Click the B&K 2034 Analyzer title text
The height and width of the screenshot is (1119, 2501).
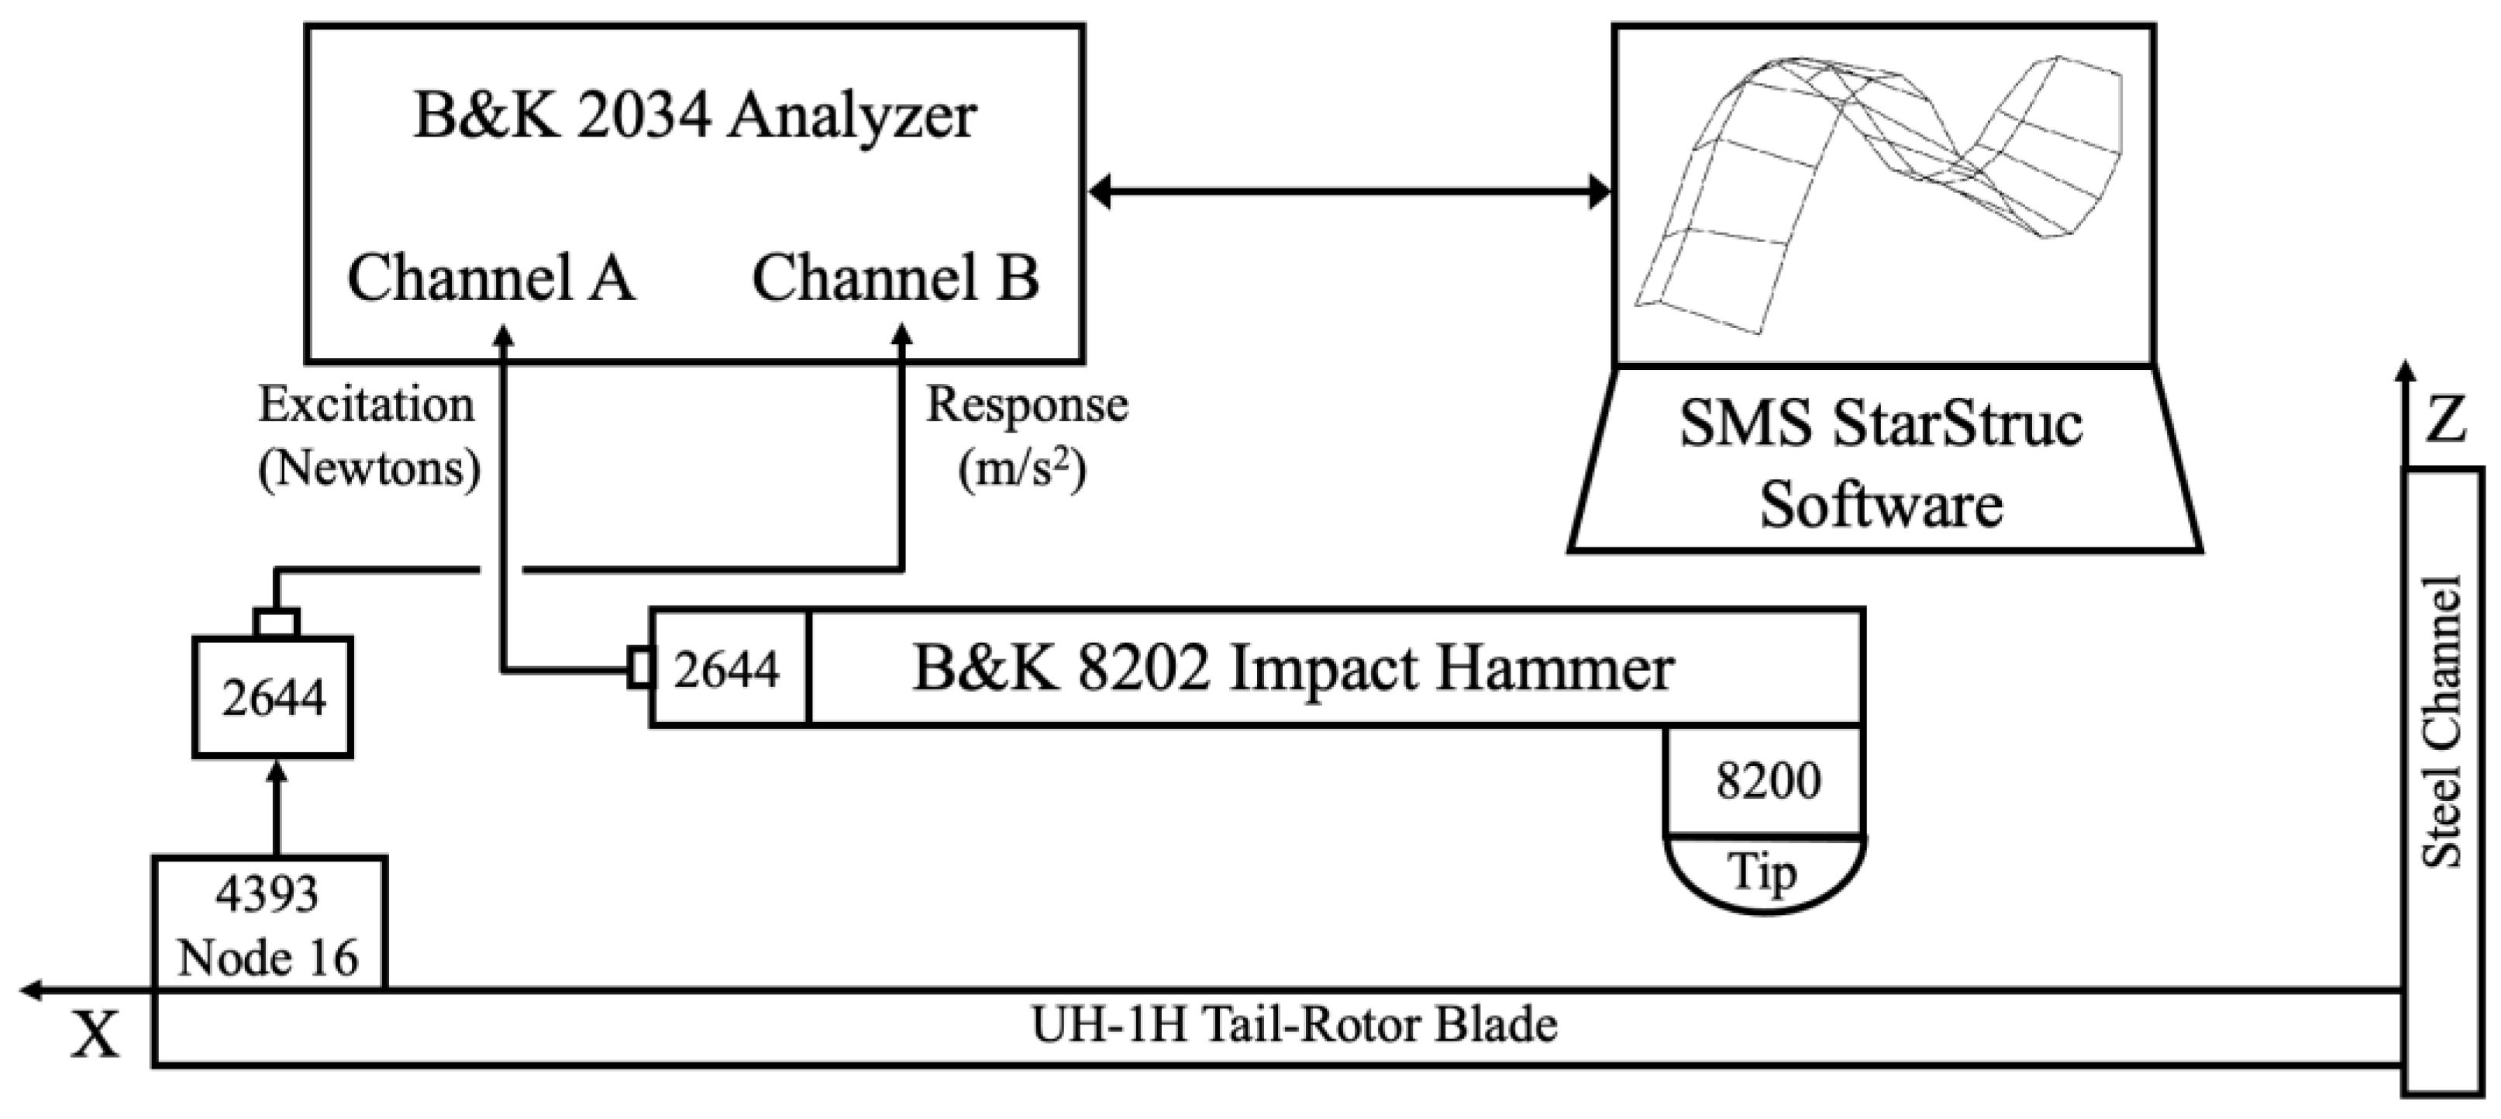694,116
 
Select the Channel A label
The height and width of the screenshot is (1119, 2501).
491,278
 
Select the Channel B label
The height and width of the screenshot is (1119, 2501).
895,278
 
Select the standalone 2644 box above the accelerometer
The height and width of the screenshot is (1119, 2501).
273,696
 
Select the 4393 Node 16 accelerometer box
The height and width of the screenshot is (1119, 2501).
269,924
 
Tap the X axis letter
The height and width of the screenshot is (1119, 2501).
95,1035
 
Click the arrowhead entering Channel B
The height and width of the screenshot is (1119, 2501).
902,336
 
